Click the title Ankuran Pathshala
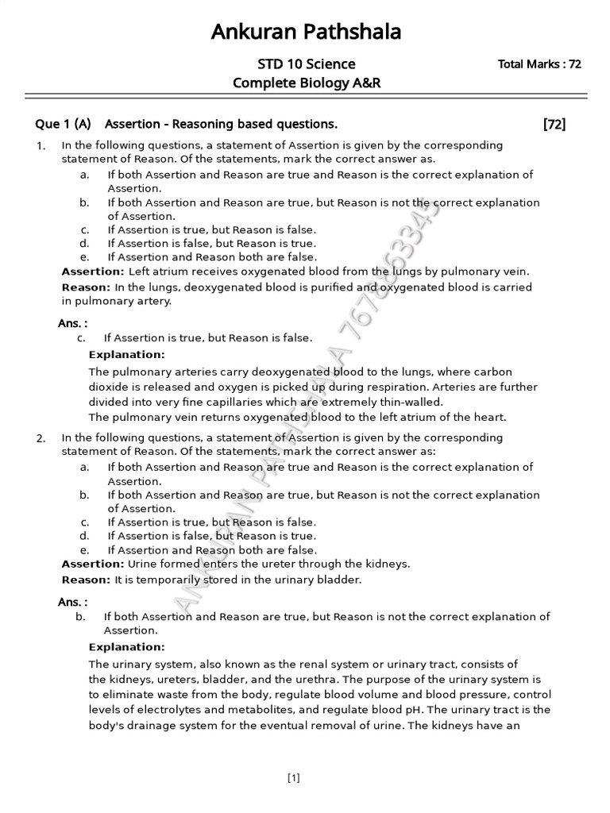coord(306,32)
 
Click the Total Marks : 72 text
coord(539,64)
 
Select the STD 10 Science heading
coord(306,64)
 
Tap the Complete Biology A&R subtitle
coord(306,83)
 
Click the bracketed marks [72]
coord(554,124)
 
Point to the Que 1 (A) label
coord(64,124)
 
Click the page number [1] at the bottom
coord(294,778)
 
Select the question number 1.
coord(40,146)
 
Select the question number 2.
coord(40,438)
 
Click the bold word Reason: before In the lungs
coord(86,287)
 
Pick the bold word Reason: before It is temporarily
coord(86,580)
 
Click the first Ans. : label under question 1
coord(72,323)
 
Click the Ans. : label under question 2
coord(72,603)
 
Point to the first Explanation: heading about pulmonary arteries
coord(126,354)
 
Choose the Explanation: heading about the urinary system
coord(126,647)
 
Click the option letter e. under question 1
coord(84,257)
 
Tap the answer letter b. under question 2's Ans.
coord(80,617)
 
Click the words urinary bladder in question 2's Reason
coord(322,580)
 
